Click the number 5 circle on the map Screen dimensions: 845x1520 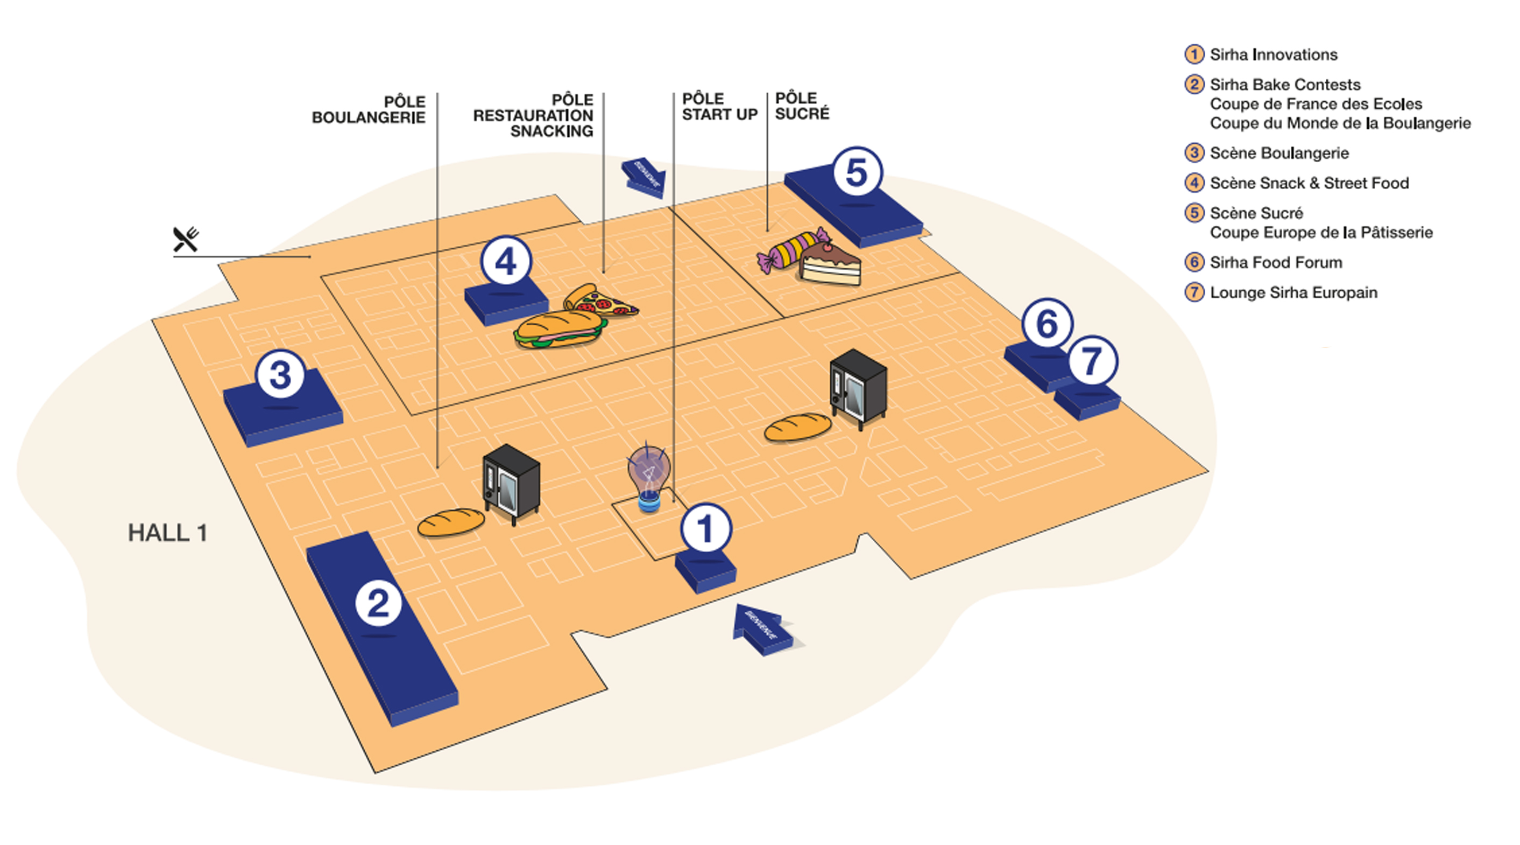point(857,172)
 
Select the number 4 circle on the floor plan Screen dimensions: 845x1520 point(506,262)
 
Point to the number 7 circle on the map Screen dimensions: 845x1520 point(1092,361)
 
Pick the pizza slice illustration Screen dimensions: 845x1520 point(599,301)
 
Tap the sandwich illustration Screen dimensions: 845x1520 point(559,330)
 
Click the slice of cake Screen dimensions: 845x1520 point(830,265)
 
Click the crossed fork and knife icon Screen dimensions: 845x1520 point(186,239)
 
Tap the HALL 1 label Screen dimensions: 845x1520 point(167,533)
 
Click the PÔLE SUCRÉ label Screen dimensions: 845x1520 point(802,106)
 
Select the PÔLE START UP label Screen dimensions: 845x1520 point(719,107)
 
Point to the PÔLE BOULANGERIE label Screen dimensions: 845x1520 point(369,110)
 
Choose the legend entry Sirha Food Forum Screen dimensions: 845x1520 point(1275,262)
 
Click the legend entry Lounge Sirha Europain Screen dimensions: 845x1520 point(1293,292)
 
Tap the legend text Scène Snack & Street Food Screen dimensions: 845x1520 point(1309,183)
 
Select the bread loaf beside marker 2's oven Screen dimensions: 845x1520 point(451,522)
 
